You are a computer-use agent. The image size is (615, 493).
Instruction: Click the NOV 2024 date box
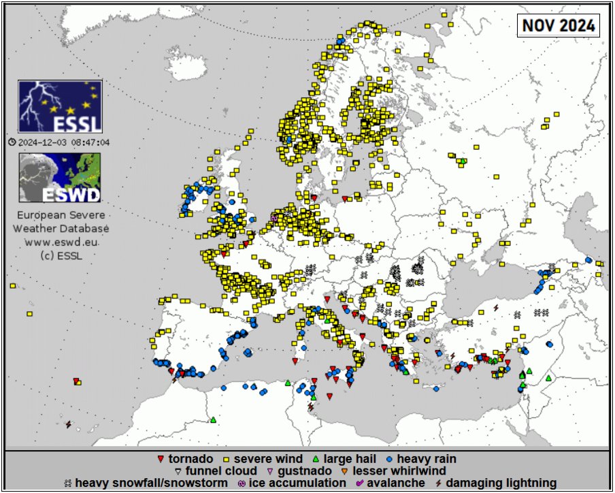(559, 26)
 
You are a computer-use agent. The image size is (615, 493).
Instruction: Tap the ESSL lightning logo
(60, 107)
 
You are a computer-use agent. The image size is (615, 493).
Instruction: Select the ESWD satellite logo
(60, 178)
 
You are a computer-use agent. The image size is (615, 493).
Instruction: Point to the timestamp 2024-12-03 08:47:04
(64, 142)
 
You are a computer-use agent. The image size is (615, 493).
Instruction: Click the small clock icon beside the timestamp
(12, 142)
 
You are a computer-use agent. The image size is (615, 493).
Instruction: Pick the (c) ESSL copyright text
(61, 255)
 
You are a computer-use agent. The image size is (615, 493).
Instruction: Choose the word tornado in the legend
(190, 459)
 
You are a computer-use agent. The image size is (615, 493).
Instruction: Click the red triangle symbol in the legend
(161, 460)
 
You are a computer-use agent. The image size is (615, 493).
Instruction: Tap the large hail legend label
(350, 459)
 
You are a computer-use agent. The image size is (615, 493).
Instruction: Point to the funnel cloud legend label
(221, 471)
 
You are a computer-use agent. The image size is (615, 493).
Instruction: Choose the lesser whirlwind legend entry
(399, 471)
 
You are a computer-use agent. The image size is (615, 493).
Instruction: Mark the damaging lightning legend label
(502, 483)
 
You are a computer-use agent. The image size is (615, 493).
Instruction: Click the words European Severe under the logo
(61, 215)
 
